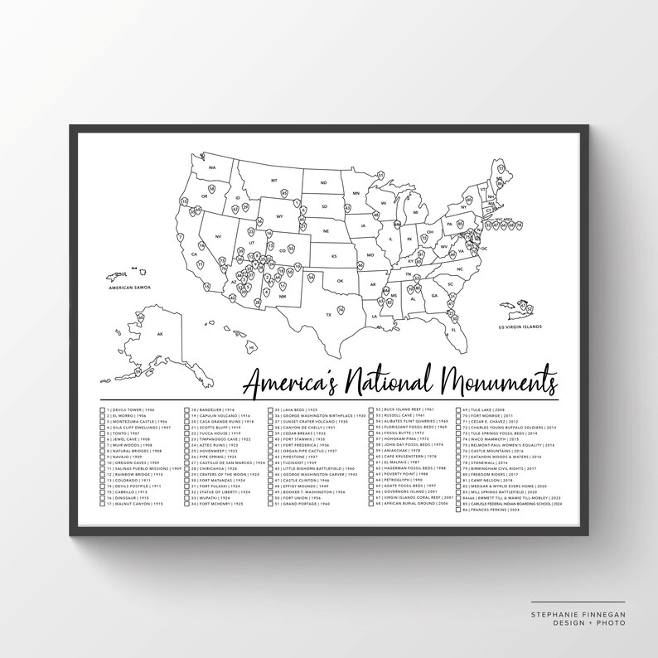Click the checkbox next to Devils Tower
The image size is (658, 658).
(x=102, y=410)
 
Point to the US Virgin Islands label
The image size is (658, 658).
(x=520, y=327)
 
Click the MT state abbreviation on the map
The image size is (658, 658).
(x=273, y=180)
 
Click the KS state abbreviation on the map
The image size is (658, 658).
(x=335, y=256)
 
